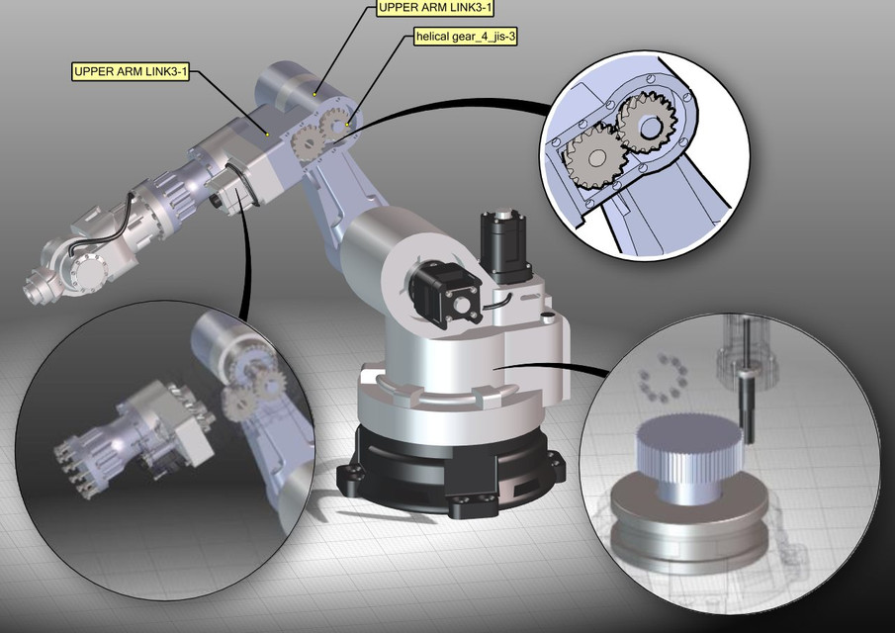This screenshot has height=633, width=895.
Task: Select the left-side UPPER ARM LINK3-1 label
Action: click(132, 72)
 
